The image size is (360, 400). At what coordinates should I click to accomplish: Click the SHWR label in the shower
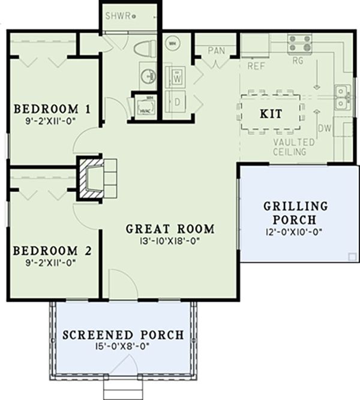point(118,15)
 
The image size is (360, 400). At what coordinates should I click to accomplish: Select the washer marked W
point(178,77)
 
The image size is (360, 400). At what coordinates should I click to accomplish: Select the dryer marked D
point(178,102)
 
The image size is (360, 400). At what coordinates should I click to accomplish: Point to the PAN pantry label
point(216,50)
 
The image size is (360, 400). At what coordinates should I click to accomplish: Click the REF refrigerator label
point(256,67)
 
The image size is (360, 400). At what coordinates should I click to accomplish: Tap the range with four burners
point(299,43)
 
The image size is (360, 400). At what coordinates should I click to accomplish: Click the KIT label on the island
point(271,113)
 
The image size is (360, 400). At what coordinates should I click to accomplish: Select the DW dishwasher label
point(324,128)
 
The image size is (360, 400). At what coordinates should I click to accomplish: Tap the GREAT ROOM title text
point(170,228)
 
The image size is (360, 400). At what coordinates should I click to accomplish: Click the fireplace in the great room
point(95,178)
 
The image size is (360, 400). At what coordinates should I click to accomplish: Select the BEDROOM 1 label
point(52,109)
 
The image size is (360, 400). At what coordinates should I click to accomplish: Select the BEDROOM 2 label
point(52,250)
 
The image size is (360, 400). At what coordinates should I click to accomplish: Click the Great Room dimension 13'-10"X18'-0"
point(170,241)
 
